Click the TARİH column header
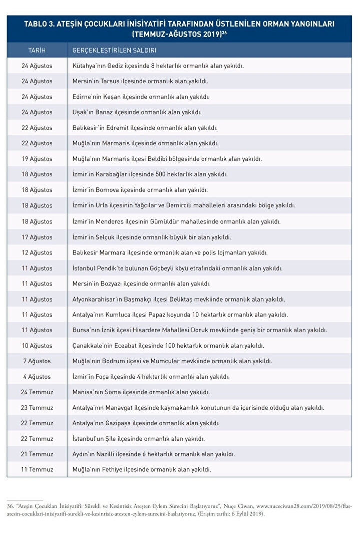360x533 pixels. [x=37, y=51]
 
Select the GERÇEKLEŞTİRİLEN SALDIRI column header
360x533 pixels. [x=114, y=51]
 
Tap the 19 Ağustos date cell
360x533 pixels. [x=37, y=159]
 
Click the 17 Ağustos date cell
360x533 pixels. [x=37, y=237]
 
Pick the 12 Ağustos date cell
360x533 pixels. [x=37, y=252]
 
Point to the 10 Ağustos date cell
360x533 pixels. [x=37, y=346]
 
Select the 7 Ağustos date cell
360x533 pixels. [x=37, y=361]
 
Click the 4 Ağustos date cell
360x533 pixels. [x=37, y=377]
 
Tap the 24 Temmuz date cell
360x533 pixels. [x=37, y=392]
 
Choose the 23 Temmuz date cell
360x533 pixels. [x=37, y=408]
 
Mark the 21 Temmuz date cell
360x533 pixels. [x=37, y=454]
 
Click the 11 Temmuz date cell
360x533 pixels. [x=37, y=470]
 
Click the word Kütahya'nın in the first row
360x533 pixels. [x=89, y=66]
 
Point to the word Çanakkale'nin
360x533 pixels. [x=93, y=346]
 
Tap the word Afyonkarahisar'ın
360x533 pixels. [x=100, y=299]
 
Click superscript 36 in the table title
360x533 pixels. [x=225, y=33]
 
